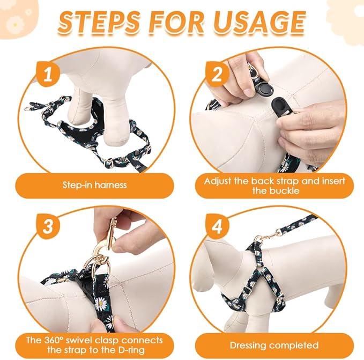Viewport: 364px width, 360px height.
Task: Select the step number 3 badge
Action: [x=49, y=226]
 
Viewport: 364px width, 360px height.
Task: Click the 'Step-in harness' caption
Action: [x=94, y=185]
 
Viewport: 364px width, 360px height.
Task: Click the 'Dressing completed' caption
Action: [x=274, y=345]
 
